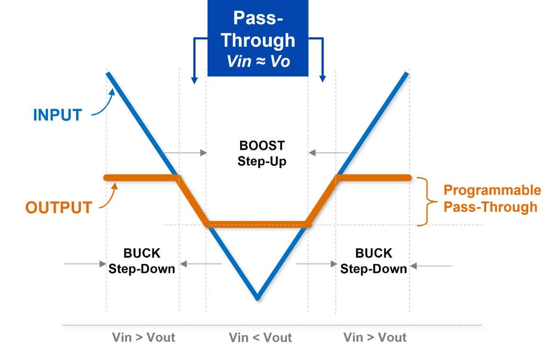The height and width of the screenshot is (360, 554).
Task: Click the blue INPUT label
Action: point(58,115)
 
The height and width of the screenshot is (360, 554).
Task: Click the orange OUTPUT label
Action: point(59,207)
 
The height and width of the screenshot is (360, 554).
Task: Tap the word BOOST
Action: point(262,146)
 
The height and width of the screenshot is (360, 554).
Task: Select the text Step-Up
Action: point(262,162)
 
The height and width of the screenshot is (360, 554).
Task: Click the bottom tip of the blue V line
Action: point(258,299)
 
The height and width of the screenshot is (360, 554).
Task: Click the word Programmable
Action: point(492,190)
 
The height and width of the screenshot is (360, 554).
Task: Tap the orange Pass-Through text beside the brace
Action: point(490,207)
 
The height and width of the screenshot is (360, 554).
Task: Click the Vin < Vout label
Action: point(260,338)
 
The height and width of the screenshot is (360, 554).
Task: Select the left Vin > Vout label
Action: point(143,337)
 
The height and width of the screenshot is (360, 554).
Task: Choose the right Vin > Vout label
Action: point(375,337)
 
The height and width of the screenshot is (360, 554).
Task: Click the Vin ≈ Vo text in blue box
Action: point(258,61)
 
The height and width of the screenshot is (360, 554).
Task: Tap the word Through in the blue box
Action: point(258,40)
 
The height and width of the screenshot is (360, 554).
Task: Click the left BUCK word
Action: point(142,253)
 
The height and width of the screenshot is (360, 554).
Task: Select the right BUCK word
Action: point(374,253)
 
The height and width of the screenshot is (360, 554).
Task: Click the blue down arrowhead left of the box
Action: point(195,81)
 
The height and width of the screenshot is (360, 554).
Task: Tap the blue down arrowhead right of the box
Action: point(323,79)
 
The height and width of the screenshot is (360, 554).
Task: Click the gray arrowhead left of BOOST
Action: point(204,153)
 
